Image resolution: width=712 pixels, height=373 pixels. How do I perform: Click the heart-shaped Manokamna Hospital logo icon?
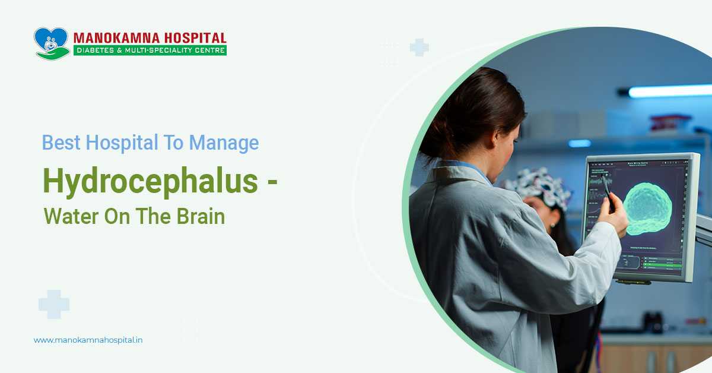point(52,43)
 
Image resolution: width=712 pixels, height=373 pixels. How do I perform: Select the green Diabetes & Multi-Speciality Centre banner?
point(150,50)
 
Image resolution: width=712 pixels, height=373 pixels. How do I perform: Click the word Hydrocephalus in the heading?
point(150,181)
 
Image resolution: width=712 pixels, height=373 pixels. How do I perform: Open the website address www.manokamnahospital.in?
point(88,340)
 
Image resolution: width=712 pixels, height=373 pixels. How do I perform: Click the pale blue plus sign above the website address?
point(54,304)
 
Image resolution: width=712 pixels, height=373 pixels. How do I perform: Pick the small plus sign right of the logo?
point(419,48)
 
